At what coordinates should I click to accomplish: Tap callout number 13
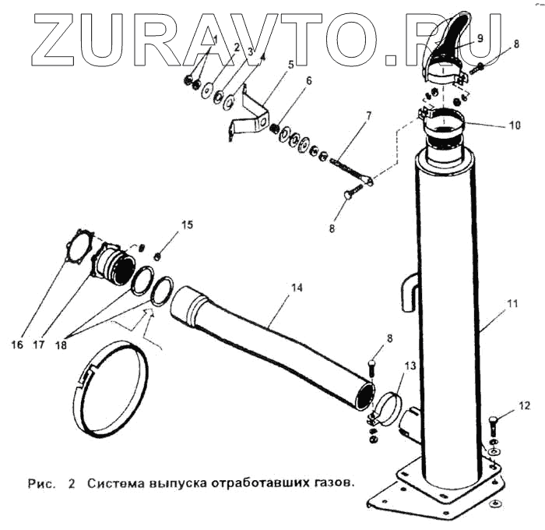(x=410, y=366)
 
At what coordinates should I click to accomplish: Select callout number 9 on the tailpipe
(x=479, y=37)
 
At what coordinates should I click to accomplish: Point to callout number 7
(x=368, y=116)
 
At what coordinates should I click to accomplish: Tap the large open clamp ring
(x=109, y=386)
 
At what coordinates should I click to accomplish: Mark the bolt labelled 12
(x=496, y=428)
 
